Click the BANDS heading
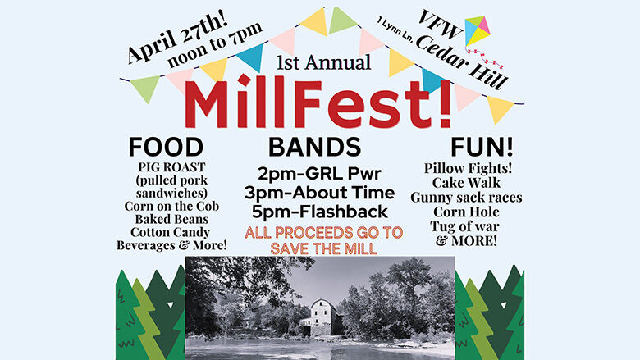[x=314, y=148]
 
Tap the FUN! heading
[x=473, y=148]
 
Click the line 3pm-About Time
[x=315, y=194]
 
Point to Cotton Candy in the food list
[x=166, y=233]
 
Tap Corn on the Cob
[x=166, y=206]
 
